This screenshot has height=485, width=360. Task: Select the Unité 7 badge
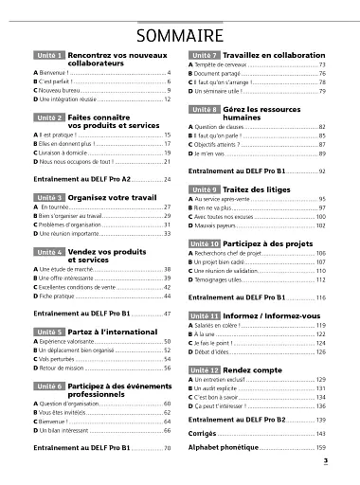tap(205, 57)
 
